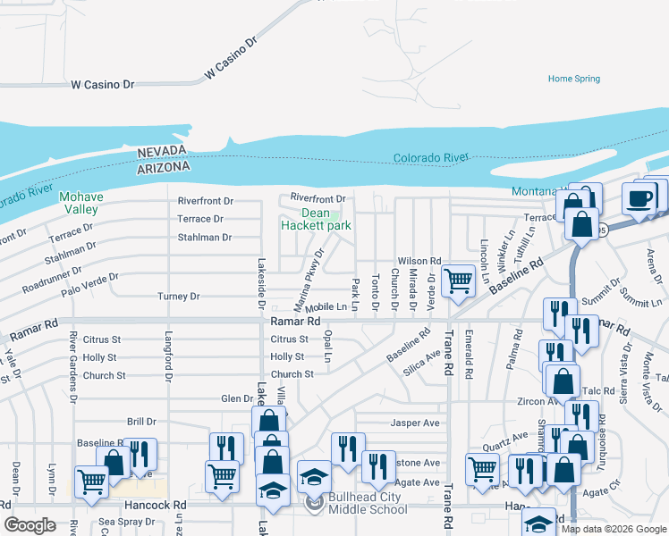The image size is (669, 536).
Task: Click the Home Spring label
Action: (x=573, y=79)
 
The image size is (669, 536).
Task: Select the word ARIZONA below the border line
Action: (x=164, y=167)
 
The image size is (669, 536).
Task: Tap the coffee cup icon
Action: (x=639, y=199)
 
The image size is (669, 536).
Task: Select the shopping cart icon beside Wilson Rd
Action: (x=458, y=280)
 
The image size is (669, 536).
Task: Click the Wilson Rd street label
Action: (x=419, y=261)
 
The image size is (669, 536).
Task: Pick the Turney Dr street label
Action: (x=178, y=297)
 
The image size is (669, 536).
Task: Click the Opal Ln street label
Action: (x=328, y=345)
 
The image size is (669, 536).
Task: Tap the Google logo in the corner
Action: (x=30, y=525)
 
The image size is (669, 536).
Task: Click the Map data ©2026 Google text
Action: (x=614, y=529)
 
